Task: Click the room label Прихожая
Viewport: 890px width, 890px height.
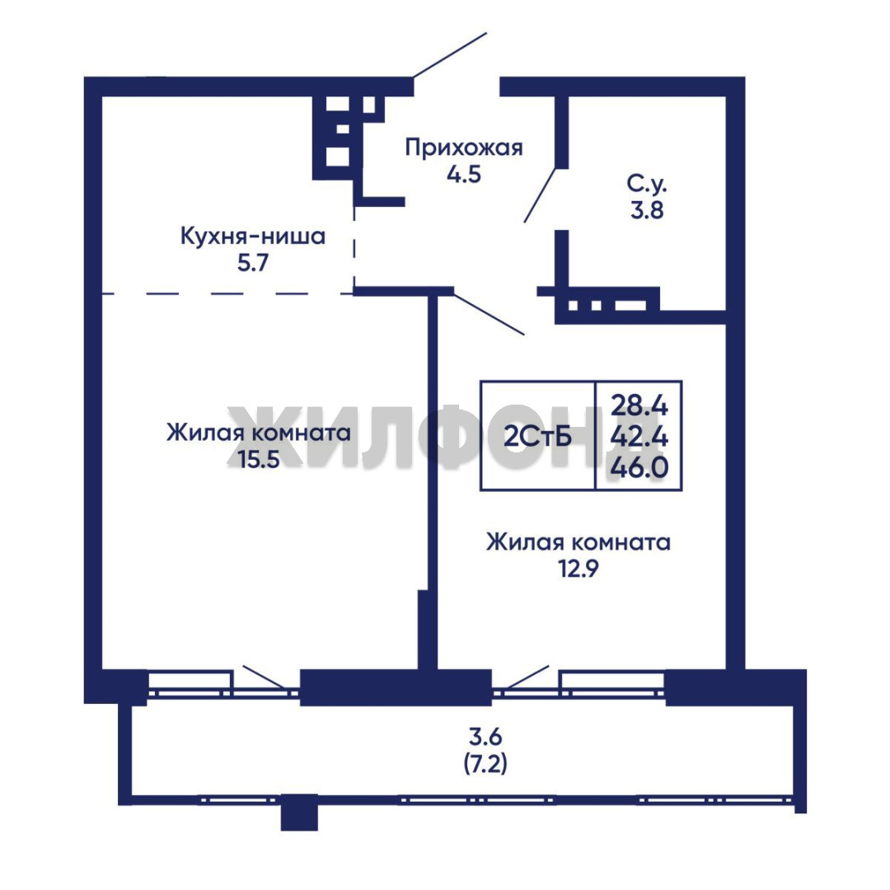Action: (464, 148)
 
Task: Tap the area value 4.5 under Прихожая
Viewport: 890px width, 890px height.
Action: (464, 174)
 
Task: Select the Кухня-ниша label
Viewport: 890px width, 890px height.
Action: (253, 237)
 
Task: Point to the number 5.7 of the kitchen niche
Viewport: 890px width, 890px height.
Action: (253, 263)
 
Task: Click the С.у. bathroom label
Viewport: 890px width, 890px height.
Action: (647, 184)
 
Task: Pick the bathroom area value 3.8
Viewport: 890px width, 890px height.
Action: (647, 211)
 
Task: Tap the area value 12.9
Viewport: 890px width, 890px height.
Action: (578, 568)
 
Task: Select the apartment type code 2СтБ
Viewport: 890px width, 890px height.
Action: (537, 437)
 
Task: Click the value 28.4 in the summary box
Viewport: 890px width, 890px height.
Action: (639, 405)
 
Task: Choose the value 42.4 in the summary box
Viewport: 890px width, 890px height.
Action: (639, 437)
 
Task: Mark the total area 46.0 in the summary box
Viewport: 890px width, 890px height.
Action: (639, 468)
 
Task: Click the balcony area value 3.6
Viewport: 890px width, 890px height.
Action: (485, 737)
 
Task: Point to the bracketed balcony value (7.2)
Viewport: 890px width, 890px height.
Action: (485, 765)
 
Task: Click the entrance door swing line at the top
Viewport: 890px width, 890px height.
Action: (450, 54)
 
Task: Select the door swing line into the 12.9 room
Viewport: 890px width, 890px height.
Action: (489, 312)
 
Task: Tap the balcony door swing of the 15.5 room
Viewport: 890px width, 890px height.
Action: (265, 677)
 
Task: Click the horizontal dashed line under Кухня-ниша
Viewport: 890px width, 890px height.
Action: (227, 293)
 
